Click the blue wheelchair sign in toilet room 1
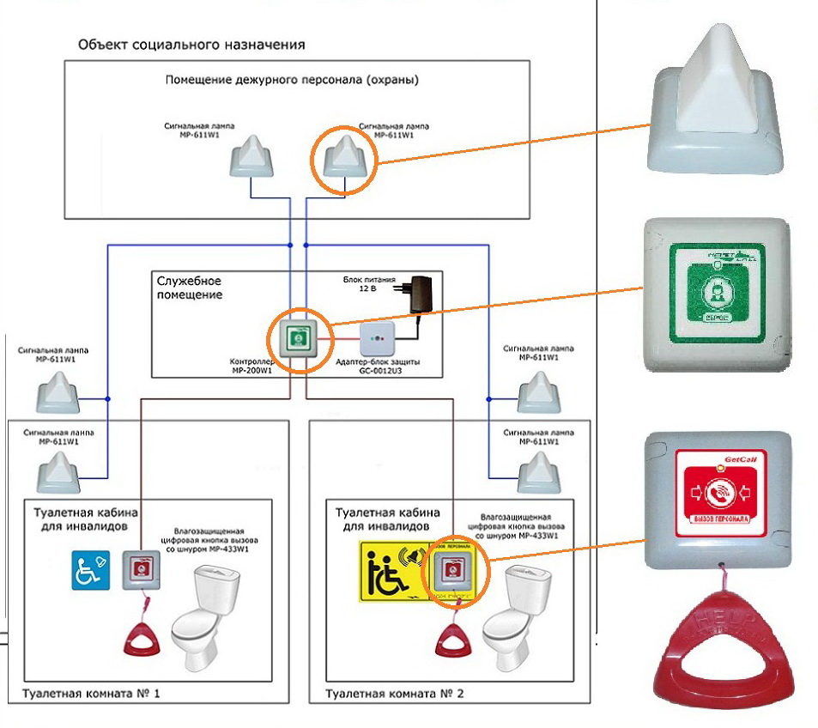pos(89,569)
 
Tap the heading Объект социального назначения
pos(191,44)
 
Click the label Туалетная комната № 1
pos(92,691)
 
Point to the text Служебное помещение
pos(190,288)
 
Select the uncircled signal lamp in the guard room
pos(254,157)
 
